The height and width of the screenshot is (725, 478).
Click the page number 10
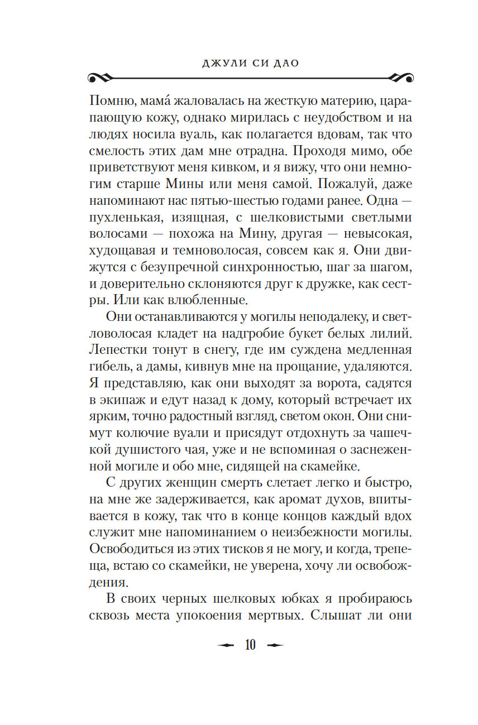[250, 645]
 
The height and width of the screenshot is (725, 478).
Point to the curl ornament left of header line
[101, 76]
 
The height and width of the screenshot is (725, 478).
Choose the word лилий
[394, 333]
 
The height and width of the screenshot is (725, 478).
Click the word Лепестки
[117, 350]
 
